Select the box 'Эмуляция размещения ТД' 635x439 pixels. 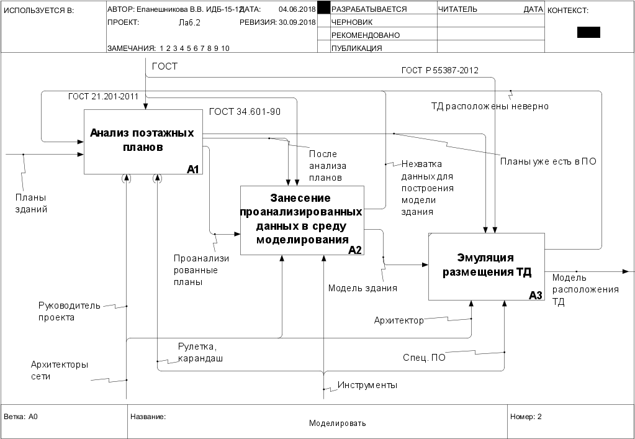point(486,266)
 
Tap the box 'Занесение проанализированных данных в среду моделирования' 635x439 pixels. point(302,219)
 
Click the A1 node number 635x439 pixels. point(192,170)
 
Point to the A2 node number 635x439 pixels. point(354,250)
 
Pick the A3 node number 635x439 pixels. point(535,296)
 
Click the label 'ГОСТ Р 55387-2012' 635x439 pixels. point(439,70)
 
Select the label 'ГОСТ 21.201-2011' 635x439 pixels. point(103,96)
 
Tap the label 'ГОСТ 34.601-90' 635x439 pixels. point(245,112)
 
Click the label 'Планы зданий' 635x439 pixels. point(32,203)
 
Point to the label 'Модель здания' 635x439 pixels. point(363,287)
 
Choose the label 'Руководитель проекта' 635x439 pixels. point(60,311)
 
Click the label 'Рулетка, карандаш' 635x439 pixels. point(200,353)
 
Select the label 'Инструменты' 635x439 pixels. point(367,386)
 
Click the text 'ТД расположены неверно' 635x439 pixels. point(490,106)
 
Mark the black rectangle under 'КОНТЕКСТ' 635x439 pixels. point(588,33)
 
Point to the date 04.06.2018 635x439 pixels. point(297,10)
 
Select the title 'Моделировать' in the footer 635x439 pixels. point(338,423)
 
